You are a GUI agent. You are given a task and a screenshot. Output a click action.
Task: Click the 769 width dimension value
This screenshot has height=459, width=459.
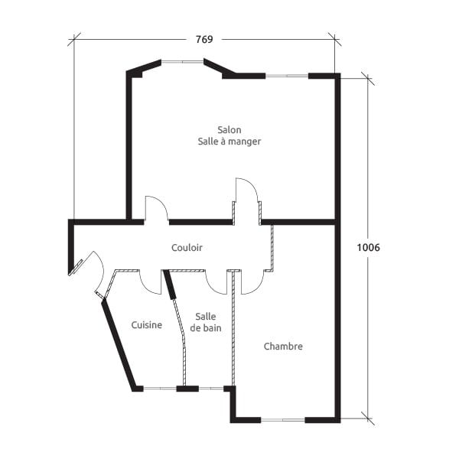[x=203, y=40]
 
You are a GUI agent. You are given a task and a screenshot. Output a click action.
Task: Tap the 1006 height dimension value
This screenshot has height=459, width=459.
[x=369, y=247]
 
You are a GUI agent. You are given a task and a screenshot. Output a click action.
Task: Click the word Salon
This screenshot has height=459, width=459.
[x=229, y=130]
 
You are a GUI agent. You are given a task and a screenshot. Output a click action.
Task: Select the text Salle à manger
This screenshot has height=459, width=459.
[x=229, y=142]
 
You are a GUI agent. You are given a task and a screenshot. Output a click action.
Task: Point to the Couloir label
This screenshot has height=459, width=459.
[x=187, y=248]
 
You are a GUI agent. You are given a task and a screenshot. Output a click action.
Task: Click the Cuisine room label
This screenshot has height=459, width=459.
[x=146, y=324]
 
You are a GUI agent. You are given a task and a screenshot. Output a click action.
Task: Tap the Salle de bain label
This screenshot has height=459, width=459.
[x=205, y=322]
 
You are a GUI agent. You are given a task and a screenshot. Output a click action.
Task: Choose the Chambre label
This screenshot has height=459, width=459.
[x=283, y=347]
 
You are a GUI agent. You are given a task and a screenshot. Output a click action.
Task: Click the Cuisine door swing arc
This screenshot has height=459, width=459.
[x=150, y=282]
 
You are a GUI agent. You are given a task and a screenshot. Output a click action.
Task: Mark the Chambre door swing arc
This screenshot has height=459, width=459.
[x=252, y=283]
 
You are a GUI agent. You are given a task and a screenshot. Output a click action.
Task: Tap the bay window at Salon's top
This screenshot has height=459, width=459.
[x=182, y=63]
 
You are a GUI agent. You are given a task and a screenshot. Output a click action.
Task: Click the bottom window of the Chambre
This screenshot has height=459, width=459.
[x=283, y=419]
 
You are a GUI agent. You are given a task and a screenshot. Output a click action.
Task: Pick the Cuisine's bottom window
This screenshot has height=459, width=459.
[x=160, y=389]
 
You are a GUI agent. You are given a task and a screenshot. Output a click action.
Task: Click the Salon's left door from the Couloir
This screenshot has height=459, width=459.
[x=156, y=208]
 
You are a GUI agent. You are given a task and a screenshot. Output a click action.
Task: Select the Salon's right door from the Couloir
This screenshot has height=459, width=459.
[x=246, y=200]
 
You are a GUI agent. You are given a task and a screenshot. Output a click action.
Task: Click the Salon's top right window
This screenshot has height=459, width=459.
[x=287, y=76]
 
